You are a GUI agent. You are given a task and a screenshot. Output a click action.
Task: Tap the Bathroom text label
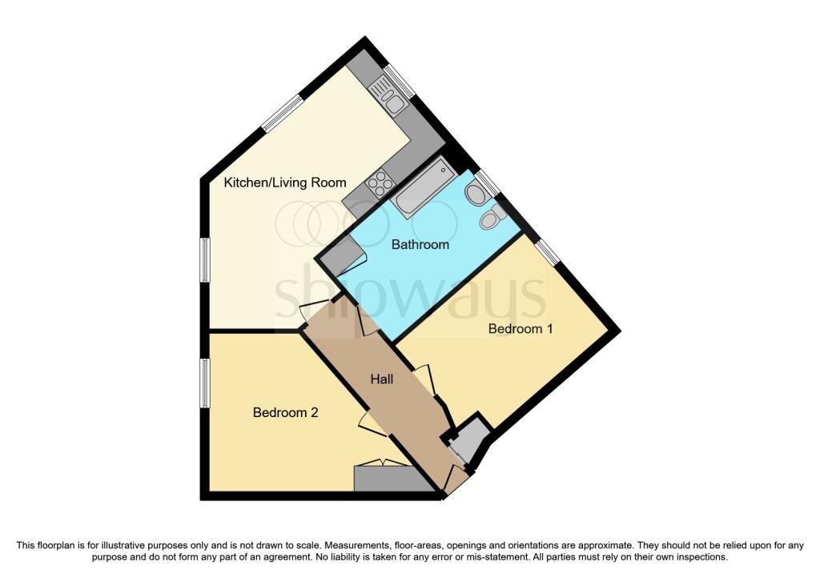coord(420,244)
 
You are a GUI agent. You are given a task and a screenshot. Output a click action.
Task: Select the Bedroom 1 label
coord(521,328)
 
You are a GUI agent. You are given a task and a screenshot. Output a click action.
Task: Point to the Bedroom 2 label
coord(286,412)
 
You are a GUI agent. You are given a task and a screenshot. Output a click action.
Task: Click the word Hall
coord(381,379)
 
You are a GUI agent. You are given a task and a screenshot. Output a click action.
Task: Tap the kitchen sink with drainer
coord(391,100)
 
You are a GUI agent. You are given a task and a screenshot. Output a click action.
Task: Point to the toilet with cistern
coord(492,217)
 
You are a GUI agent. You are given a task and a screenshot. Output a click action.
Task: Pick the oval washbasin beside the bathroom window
coord(474,194)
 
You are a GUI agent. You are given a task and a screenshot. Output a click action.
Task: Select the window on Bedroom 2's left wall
coord(205,383)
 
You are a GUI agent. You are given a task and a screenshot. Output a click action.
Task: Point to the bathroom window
coord(487,183)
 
